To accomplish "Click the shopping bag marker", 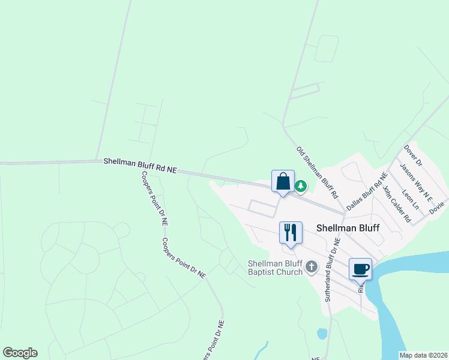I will pyautogui.click(x=283, y=181).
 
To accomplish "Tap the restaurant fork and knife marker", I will pyautogui.click(x=291, y=232).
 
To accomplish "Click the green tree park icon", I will pyautogui.click(x=301, y=187).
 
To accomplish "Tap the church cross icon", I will pyautogui.click(x=311, y=266).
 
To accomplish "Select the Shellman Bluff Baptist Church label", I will pyautogui.click(x=276, y=268).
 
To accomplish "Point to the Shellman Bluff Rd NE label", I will pyautogui.click(x=140, y=166).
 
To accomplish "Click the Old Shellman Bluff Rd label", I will pyautogui.click(x=318, y=172).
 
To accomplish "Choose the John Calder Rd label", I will pyautogui.click(x=397, y=203).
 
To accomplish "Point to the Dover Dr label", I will pyautogui.click(x=414, y=155).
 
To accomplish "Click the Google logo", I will pyautogui.click(x=20, y=353).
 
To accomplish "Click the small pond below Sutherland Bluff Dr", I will pyautogui.click(x=322, y=333).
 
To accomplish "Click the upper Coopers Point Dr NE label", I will pyautogui.click(x=154, y=197).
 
